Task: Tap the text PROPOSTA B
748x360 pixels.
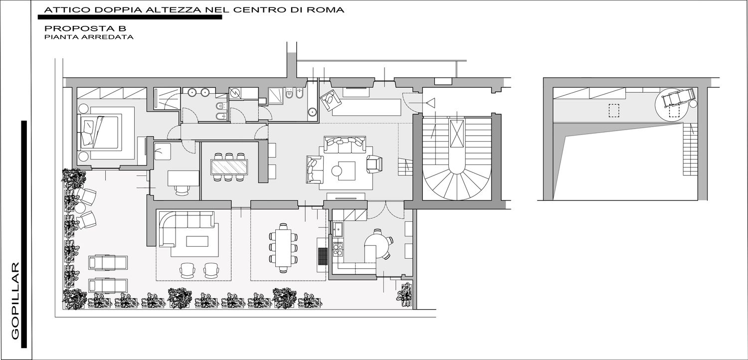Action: [x=85, y=28]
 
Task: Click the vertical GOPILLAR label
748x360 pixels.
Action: [x=15, y=301]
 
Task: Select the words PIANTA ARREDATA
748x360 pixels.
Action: [x=89, y=37]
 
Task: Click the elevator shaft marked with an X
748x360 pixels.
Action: [x=457, y=133]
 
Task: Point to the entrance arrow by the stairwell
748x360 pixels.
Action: [x=430, y=103]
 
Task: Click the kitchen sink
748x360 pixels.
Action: [x=338, y=228]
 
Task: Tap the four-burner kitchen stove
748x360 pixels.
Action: [x=338, y=249]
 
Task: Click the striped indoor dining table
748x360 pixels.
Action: [x=229, y=167]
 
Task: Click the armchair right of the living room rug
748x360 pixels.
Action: [x=374, y=165]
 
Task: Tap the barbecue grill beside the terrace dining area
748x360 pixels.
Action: [x=323, y=256]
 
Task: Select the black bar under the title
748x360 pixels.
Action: [x=130, y=17]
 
